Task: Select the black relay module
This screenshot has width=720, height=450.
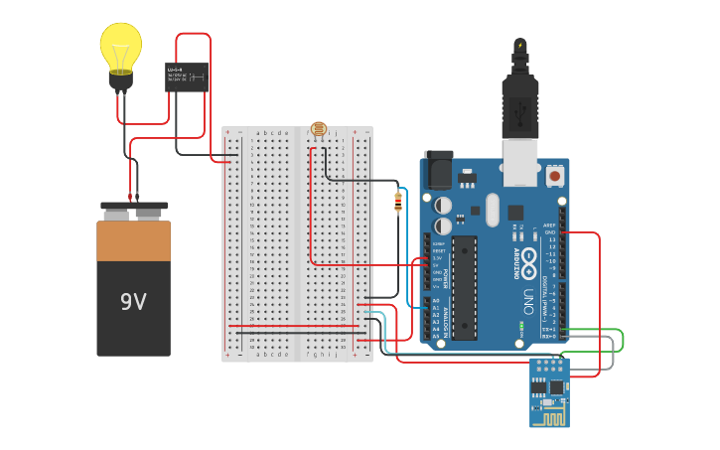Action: [186, 76]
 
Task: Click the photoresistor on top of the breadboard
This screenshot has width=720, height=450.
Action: [318, 129]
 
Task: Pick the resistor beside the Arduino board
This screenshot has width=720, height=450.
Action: [398, 202]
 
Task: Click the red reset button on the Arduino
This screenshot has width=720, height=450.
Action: [555, 176]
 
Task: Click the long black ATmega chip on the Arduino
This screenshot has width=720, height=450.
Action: [465, 288]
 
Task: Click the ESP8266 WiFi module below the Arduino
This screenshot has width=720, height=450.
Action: [549, 391]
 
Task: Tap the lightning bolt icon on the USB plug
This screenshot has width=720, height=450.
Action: [519, 46]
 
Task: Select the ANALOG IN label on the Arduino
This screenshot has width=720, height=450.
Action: [444, 319]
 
